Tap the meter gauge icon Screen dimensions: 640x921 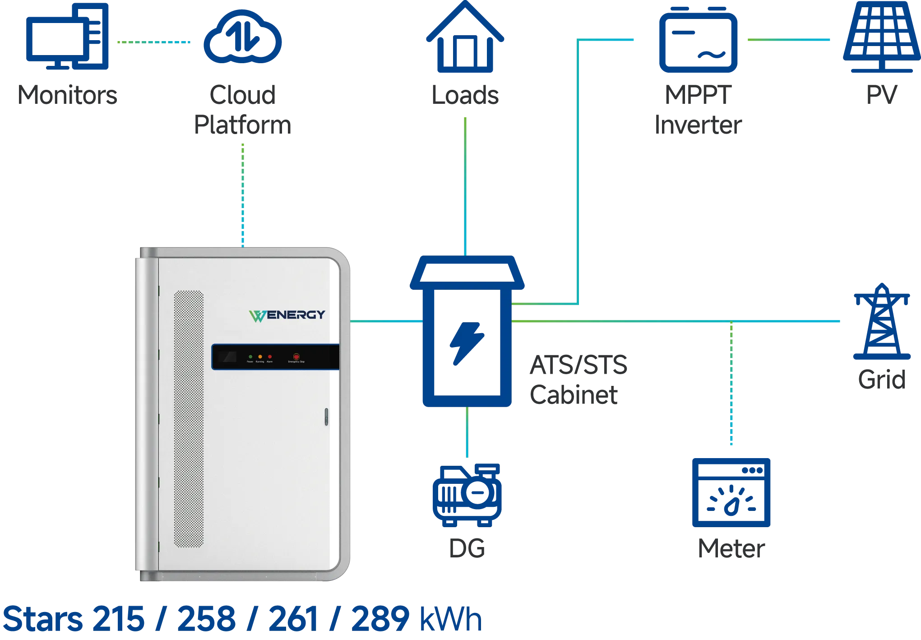tap(731, 492)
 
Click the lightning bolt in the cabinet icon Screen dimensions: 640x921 tap(467, 343)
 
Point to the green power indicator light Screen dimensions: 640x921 tap(250, 357)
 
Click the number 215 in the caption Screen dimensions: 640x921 tap(119, 619)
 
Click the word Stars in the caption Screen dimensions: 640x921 tap(43, 619)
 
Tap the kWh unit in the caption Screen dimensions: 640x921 tap(451, 619)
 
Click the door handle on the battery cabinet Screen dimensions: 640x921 tap(326, 417)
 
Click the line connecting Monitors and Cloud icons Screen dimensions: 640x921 tap(153, 42)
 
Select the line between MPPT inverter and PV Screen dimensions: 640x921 tap(788, 40)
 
